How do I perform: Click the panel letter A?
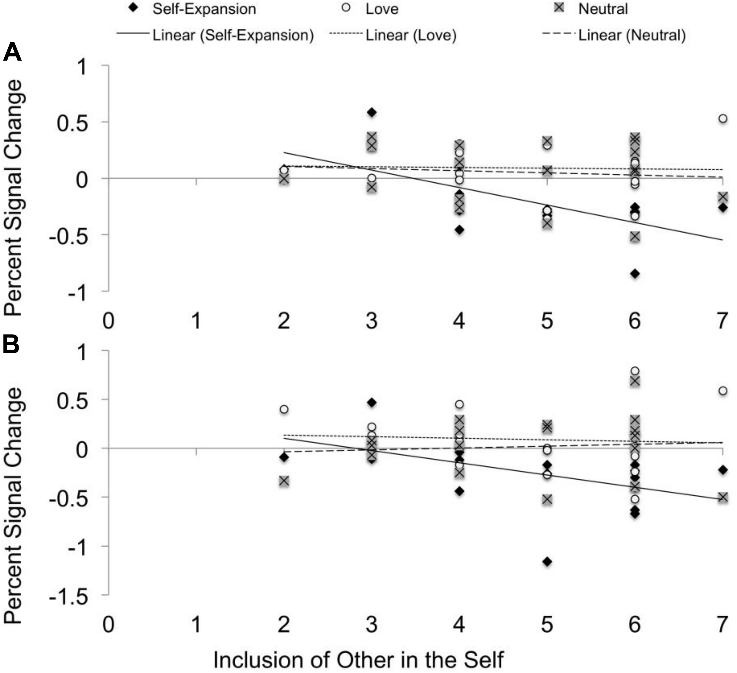click(x=12, y=52)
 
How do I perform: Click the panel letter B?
click(x=11, y=345)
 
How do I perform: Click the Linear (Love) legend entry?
click(x=393, y=36)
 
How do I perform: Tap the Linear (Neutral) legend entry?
click(x=614, y=36)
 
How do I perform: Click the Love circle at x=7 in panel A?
click(x=723, y=118)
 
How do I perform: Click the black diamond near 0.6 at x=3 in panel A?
click(x=371, y=112)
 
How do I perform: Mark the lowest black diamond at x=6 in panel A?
click(x=635, y=273)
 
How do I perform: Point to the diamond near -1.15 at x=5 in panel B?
click(x=547, y=562)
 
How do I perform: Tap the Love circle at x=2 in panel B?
click(x=284, y=409)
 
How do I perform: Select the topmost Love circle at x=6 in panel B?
click(x=635, y=371)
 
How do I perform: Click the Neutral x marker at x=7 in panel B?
click(x=723, y=497)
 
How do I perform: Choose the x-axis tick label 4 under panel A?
click(x=459, y=321)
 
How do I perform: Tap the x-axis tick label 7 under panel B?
click(x=722, y=624)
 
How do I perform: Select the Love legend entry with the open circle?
click(x=371, y=9)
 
